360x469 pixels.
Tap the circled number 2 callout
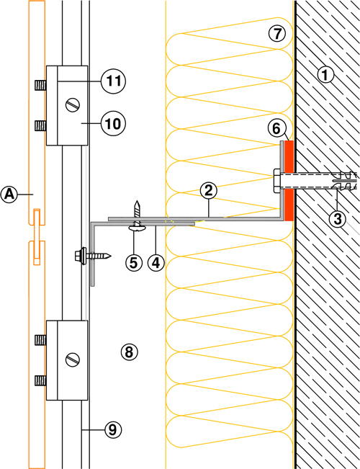coord(208,190)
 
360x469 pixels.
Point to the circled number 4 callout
coord(156,263)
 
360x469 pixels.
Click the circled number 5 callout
coord(134,263)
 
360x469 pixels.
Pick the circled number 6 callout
coord(276,129)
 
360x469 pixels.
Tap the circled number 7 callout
coord(277,33)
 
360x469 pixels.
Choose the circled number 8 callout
coord(129,352)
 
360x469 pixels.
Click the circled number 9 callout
coord(113,430)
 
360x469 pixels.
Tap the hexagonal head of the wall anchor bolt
coord(276,181)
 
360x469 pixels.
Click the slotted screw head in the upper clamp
coord(73,106)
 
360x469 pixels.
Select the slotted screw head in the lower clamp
coord(73,359)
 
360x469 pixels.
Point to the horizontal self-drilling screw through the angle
coord(93,256)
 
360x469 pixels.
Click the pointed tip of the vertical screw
coord(137,201)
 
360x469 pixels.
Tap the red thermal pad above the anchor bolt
coord(289,156)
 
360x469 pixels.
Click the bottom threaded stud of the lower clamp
coord(40,380)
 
